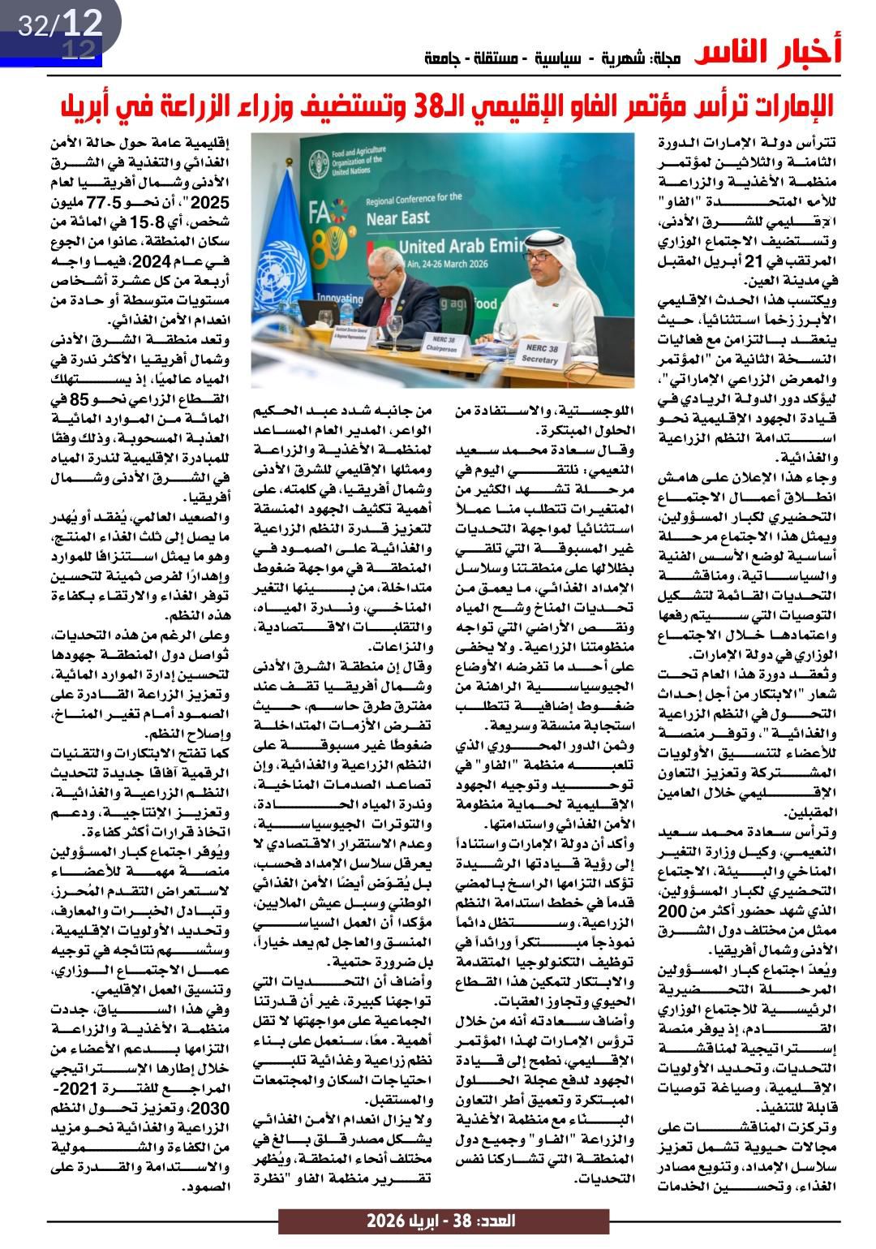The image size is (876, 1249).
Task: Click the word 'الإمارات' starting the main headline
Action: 786,106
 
